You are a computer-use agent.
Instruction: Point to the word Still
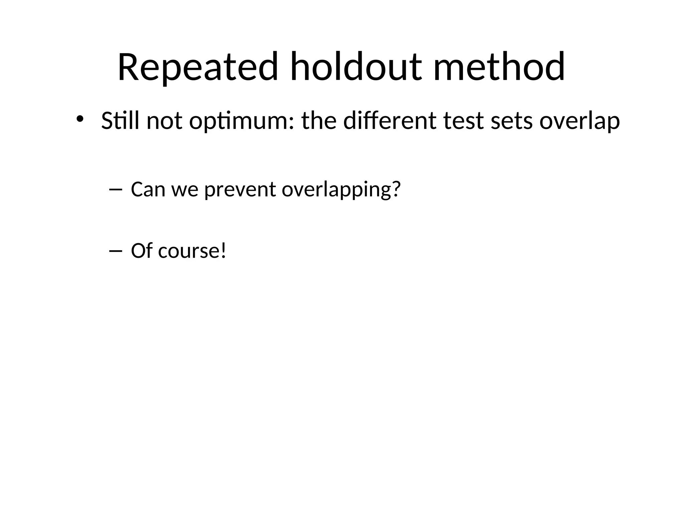point(120,121)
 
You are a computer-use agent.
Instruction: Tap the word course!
point(192,251)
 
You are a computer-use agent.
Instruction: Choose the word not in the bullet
point(164,121)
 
